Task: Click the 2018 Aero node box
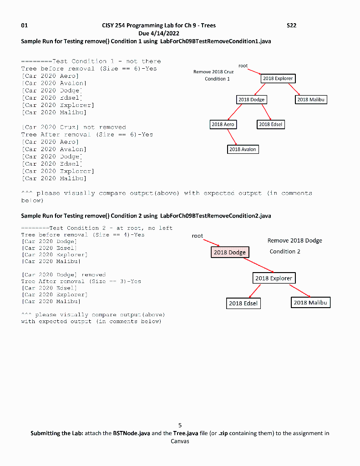pyautogui.click(x=223, y=124)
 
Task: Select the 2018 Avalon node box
pyautogui.click(x=243, y=149)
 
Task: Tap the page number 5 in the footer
pyautogui.click(x=180, y=425)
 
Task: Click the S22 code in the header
pyautogui.click(x=291, y=25)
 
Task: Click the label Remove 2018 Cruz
pyautogui.click(x=213, y=72)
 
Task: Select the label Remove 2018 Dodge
pyautogui.click(x=294, y=240)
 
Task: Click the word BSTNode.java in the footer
pyautogui.click(x=130, y=433)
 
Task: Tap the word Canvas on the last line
pyautogui.click(x=180, y=441)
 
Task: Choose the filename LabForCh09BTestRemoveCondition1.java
pyautogui.click(x=216, y=41)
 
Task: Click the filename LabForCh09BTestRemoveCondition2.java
pyautogui.click(x=216, y=216)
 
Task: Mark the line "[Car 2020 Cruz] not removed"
pyautogui.click(x=74, y=127)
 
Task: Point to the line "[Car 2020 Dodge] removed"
pyautogui.click(x=64, y=275)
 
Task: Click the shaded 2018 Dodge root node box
pyautogui.click(x=230, y=252)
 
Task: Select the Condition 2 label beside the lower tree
pyautogui.click(x=285, y=251)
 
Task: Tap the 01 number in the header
pyautogui.click(x=25, y=25)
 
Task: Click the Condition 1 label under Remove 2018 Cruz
pyautogui.click(x=217, y=79)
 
